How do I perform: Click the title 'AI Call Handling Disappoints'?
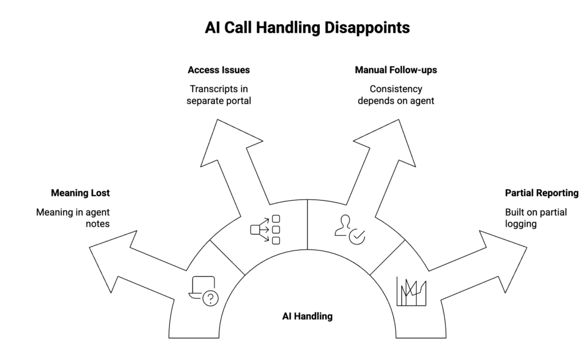click(x=307, y=28)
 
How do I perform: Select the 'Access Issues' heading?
click(x=218, y=71)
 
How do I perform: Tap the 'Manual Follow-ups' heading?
click(x=396, y=71)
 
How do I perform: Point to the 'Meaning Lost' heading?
click(x=80, y=193)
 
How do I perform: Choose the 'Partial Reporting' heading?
click(x=541, y=193)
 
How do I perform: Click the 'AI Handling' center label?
click(x=307, y=316)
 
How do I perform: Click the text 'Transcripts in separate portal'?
click(x=218, y=95)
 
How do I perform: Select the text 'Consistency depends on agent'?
click(x=396, y=95)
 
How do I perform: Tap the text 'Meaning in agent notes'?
click(x=73, y=218)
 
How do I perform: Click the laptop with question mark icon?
click(x=204, y=291)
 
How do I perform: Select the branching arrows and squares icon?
click(x=265, y=229)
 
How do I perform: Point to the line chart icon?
click(x=411, y=291)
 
